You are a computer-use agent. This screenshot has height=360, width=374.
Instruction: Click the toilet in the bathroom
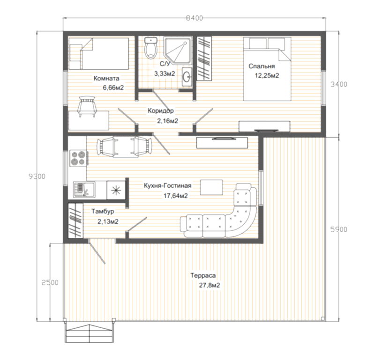click(151, 48)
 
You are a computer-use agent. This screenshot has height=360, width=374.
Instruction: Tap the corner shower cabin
click(178, 51)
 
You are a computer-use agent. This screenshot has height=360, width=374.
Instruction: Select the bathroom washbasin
click(187, 76)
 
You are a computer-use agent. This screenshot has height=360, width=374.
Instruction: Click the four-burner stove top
click(78, 158)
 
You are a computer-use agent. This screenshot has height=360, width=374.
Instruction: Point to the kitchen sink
click(84, 190)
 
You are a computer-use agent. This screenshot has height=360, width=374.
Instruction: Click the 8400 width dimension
click(194, 18)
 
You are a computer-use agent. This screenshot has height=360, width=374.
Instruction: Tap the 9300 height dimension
click(37, 176)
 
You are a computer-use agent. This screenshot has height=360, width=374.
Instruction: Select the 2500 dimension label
click(50, 282)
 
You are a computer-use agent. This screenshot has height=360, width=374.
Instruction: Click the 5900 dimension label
click(339, 229)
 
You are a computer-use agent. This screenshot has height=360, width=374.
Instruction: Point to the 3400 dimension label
click(339, 84)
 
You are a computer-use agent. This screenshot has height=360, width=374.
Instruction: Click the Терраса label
click(203, 275)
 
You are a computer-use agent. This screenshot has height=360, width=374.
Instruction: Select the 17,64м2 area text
click(176, 196)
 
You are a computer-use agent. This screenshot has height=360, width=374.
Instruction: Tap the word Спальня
click(262, 66)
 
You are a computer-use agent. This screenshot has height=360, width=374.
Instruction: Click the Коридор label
click(161, 110)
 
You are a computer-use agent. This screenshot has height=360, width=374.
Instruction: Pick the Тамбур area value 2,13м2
click(108, 221)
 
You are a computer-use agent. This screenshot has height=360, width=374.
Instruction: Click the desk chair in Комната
click(87, 106)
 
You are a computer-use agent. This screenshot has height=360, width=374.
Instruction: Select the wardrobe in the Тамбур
click(75, 220)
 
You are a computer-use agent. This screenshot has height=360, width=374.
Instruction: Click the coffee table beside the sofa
click(211, 188)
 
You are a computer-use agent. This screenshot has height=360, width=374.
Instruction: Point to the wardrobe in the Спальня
click(204, 59)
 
